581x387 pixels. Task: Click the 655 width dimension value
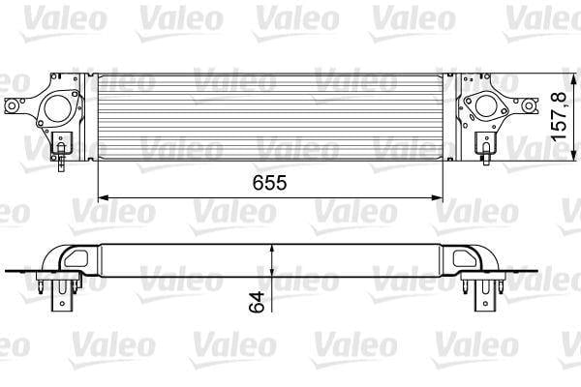[x=270, y=183]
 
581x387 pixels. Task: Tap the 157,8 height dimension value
[x=559, y=116]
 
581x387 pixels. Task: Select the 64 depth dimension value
[x=257, y=302]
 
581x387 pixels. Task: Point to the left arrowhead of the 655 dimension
[x=103, y=198]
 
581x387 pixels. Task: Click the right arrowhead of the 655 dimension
[x=438, y=198]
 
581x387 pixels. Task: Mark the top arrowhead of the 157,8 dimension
[x=574, y=79]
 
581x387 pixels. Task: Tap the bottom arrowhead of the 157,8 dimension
[x=574, y=156]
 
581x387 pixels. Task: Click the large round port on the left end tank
[x=58, y=108]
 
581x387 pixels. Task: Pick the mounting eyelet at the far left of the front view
[x=12, y=105]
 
